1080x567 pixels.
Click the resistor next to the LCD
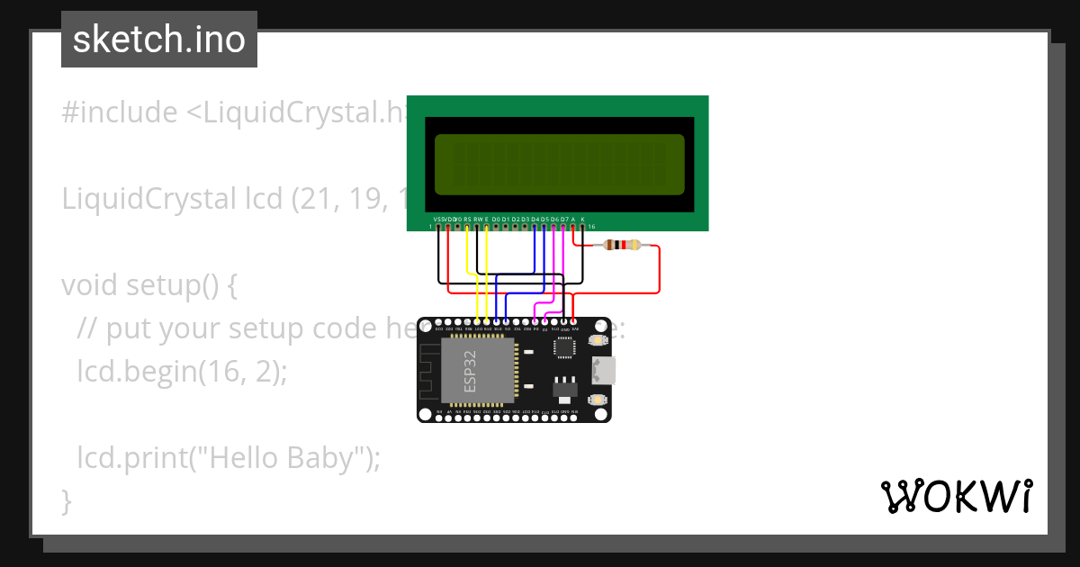click(x=620, y=245)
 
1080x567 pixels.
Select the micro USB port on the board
click(x=602, y=370)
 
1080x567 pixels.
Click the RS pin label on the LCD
click(x=467, y=219)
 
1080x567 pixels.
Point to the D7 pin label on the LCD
click(x=564, y=219)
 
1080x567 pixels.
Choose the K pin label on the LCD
click(x=583, y=219)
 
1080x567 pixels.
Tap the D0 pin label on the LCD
click(x=496, y=219)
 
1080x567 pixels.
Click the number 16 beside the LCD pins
click(x=591, y=227)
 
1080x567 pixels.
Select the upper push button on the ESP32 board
click(x=597, y=340)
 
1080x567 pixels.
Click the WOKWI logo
click(x=956, y=497)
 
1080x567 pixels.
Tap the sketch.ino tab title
click(x=159, y=40)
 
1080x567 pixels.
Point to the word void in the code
click(x=90, y=285)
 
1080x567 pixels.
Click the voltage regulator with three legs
click(x=566, y=387)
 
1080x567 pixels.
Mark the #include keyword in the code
click(x=120, y=112)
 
